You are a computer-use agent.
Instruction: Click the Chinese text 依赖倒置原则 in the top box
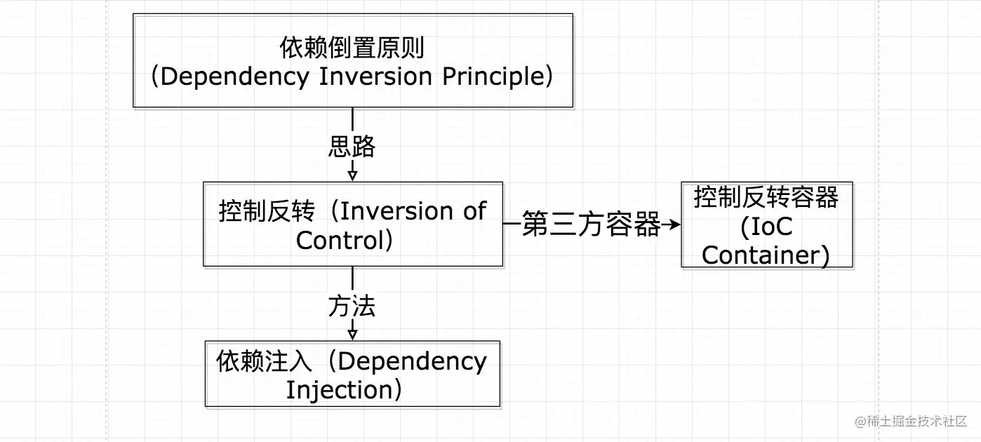352,48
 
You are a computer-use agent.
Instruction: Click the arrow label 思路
352,147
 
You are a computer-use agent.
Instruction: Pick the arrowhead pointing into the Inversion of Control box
352,175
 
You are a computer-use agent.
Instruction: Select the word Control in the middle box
339,240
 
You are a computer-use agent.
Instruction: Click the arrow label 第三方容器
591,225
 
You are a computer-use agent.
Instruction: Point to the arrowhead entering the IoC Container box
674,225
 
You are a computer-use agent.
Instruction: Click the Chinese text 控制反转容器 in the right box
766,198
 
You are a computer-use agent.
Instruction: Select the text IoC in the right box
766,227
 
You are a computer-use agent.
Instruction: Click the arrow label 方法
352,306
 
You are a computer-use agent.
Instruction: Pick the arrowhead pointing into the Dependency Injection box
352,333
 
